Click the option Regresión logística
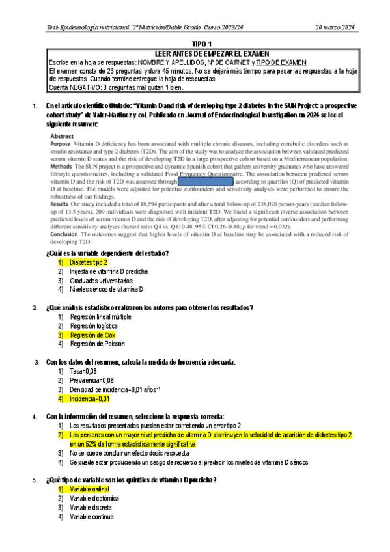click(94, 325)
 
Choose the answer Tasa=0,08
click(87, 370)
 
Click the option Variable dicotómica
click(95, 498)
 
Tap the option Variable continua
click(94, 517)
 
